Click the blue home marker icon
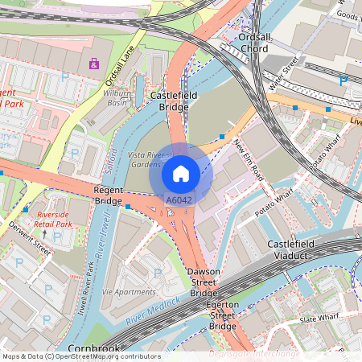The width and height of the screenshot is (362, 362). [x=181, y=173]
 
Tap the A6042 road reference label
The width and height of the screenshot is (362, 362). [x=179, y=199]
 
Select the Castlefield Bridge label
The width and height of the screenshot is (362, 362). [x=169, y=101]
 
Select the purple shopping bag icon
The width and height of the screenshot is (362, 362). [x=94, y=63]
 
